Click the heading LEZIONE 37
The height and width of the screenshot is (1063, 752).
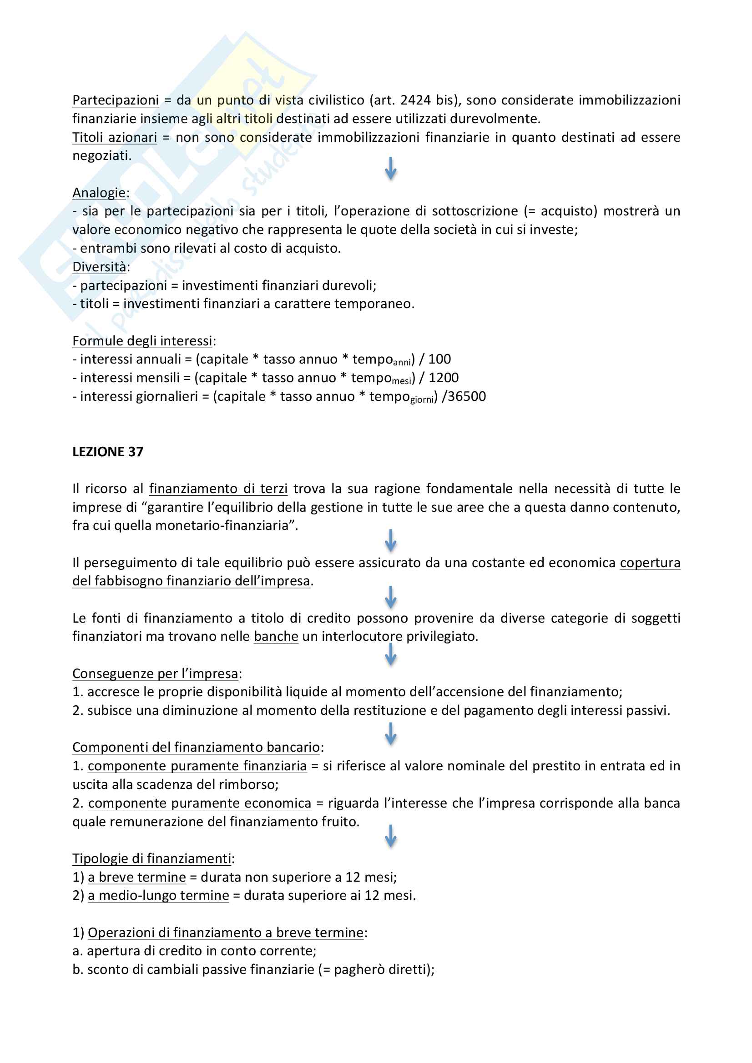tap(107, 451)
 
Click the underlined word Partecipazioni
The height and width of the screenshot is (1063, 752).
tap(116, 100)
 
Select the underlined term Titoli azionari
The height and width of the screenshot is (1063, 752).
tap(115, 137)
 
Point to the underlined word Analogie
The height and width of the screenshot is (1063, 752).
tap(99, 193)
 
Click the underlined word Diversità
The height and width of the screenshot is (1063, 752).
tap(99, 267)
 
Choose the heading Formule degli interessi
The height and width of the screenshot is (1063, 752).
tap(142, 341)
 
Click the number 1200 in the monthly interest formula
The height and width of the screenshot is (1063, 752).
tap(444, 378)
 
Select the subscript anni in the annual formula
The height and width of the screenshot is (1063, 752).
tap(402, 363)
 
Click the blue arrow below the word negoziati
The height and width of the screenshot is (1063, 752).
tap(391, 168)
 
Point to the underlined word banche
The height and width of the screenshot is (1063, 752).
tap(276, 637)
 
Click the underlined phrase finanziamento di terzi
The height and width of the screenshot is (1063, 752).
tap(218, 489)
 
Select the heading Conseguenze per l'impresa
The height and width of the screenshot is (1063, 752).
tap(155, 674)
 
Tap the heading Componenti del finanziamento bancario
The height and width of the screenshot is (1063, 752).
tap(196, 748)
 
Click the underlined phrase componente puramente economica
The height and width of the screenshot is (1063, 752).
tap(200, 803)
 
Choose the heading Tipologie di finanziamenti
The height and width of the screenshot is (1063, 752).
tap(151, 859)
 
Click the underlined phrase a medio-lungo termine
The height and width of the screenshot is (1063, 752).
tap(158, 895)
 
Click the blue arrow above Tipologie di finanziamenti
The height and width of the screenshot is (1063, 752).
tap(391, 836)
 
